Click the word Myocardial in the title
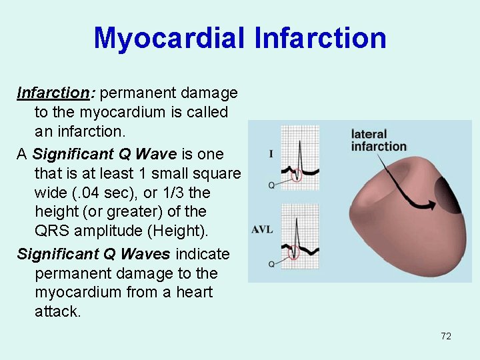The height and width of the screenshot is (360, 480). point(169,38)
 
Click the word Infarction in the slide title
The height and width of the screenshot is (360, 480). point(320,38)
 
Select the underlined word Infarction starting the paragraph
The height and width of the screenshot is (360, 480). point(53,92)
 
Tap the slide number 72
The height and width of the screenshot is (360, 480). point(446,336)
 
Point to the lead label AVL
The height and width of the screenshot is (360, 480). point(262,230)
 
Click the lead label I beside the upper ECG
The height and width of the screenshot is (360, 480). point(271,154)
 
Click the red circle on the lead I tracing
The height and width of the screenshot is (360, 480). point(297,176)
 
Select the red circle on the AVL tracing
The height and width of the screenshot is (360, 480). point(294,253)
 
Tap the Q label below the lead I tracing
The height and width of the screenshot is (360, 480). point(271,185)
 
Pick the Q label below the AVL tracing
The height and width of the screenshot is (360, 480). point(271,264)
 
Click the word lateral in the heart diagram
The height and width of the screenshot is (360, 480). point(369,135)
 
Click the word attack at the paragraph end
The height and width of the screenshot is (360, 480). point(57,311)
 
